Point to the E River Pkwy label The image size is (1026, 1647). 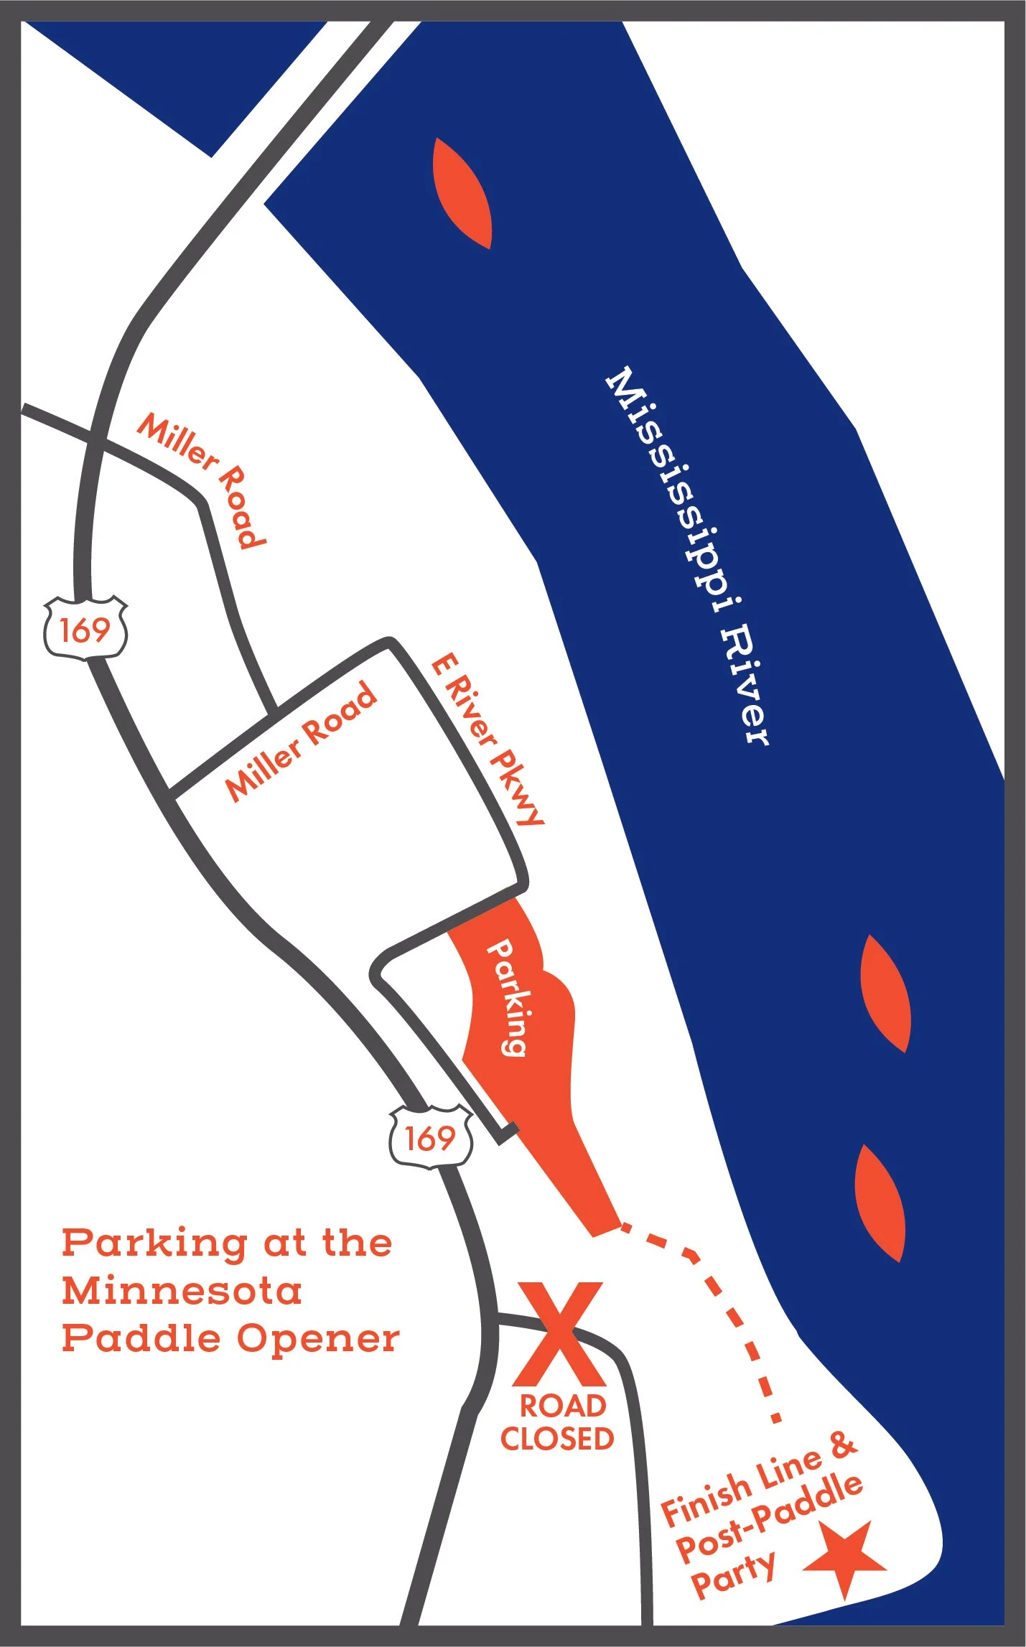tap(488, 739)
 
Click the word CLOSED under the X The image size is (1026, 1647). tap(557, 1439)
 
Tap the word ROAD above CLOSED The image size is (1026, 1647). tap(563, 1406)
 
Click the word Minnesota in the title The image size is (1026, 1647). tap(182, 1291)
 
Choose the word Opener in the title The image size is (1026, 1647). tap(318, 1340)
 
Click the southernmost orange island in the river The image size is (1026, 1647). tap(880, 1202)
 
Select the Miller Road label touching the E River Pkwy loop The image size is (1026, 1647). tap(302, 741)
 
